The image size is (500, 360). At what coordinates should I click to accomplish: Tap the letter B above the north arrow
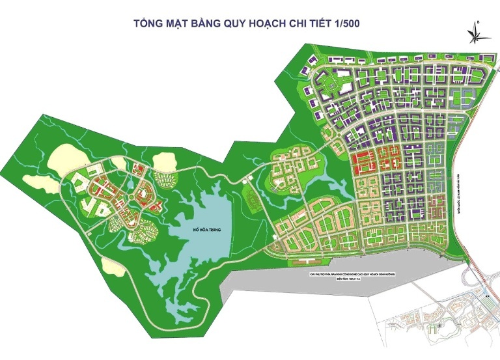click(x=479, y=21)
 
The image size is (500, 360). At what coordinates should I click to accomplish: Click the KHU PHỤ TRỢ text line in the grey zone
click(x=354, y=275)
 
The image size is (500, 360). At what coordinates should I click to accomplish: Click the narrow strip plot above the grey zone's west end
click(x=305, y=262)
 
